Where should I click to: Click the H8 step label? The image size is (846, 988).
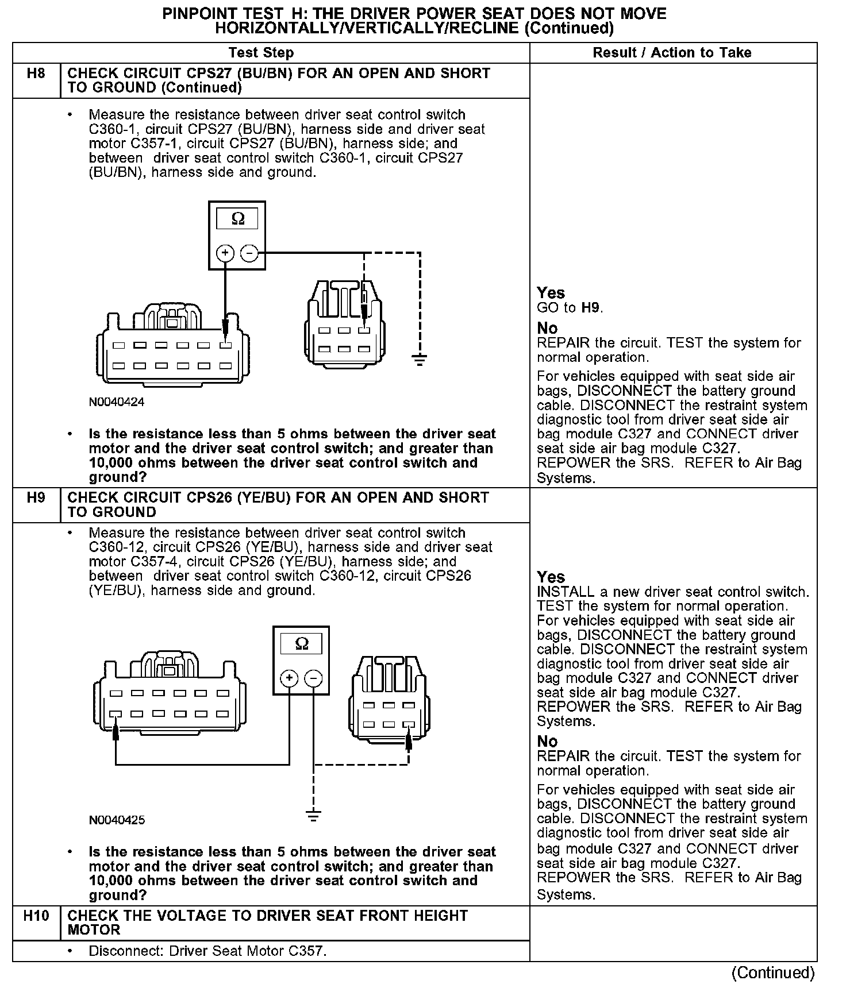click(x=36, y=74)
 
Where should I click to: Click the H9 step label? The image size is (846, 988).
click(x=36, y=497)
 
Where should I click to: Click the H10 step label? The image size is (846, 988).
click(x=36, y=916)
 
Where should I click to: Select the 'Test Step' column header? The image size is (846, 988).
click(x=261, y=53)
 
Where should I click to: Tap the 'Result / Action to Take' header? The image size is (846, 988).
click(x=672, y=53)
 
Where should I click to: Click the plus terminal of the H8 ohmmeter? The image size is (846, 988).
click(x=225, y=253)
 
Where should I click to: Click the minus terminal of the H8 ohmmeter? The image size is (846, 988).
click(x=249, y=253)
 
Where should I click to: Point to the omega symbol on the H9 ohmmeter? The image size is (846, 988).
click(x=301, y=644)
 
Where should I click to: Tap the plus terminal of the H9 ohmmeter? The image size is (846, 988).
click(x=289, y=678)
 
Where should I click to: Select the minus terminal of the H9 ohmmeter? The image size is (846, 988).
click(x=313, y=678)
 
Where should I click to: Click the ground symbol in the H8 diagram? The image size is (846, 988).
click(x=420, y=361)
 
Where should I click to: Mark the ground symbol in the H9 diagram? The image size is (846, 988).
click(x=313, y=815)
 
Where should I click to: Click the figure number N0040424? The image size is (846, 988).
click(x=117, y=402)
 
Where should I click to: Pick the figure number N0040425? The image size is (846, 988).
click(x=117, y=820)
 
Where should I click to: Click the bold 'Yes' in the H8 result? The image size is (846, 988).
click(x=551, y=293)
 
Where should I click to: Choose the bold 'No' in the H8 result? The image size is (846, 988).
click(x=547, y=328)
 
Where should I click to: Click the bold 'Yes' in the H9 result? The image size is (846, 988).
click(x=551, y=577)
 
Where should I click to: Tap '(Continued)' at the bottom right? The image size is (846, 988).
click(x=773, y=973)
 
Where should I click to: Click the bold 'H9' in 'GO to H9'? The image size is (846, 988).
click(x=591, y=308)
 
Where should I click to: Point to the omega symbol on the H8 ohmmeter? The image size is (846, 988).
click(x=237, y=219)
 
